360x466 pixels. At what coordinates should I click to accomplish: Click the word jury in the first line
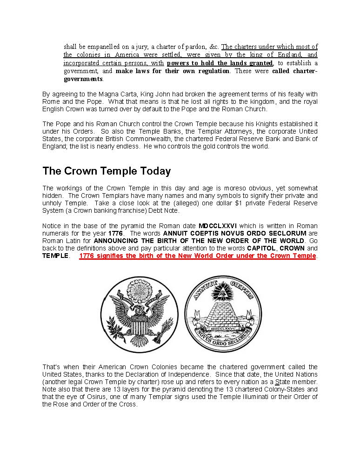tap(136, 47)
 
